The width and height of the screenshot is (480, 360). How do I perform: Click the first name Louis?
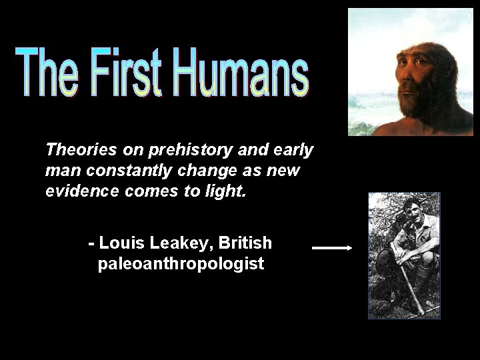(x=120, y=242)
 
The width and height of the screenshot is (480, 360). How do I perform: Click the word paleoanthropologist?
(x=181, y=264)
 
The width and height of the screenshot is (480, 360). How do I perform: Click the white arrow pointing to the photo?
(x=332, y=248)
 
